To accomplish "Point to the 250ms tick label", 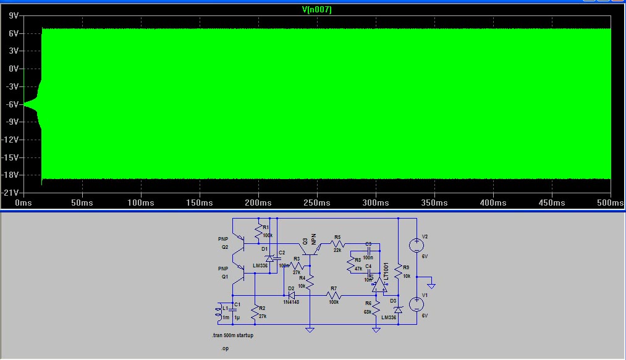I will pos(316,203).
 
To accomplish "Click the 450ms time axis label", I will pos(551,203).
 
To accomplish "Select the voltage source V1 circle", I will pos(417,304).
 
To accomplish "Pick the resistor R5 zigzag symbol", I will pos(337,243).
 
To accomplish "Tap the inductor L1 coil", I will pos(218,313).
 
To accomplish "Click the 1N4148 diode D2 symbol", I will pos(292,295).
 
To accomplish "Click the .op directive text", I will pos(226,349).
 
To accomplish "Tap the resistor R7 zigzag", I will pos(334,295).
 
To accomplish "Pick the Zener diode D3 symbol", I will pos(398,309).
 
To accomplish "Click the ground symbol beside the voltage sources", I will pos(432,285).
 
